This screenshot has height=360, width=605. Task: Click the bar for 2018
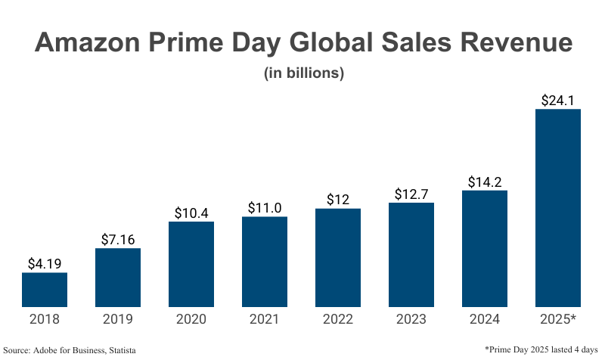[x=45, y=290]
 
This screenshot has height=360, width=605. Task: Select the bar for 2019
[x=118, y=278]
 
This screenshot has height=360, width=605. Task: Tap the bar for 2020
[x=191, y=264]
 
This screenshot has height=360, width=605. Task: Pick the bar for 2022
[x=338, y=258]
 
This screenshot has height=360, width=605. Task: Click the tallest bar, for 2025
[x=557, y=208]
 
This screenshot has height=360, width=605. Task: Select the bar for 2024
[x=484, y=249]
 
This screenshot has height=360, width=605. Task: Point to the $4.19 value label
[x=45, y=264]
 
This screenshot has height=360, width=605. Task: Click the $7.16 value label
[x=118, y=240]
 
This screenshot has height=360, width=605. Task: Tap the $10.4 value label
[x=191, y=213]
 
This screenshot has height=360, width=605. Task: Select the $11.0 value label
[x=265, y=208]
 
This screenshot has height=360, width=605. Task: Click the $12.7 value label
[x=411, y=194]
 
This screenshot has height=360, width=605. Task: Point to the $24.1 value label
[x=557, y=100]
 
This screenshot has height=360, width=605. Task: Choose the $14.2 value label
[x=484, y=182]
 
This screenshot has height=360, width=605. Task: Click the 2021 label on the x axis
[x=265, y=320]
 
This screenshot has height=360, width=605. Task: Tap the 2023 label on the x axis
[x=411, y=320]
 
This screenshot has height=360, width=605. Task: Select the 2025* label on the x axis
[x=557, y=320]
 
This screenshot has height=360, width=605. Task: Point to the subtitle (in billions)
[x=303, y=73]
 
